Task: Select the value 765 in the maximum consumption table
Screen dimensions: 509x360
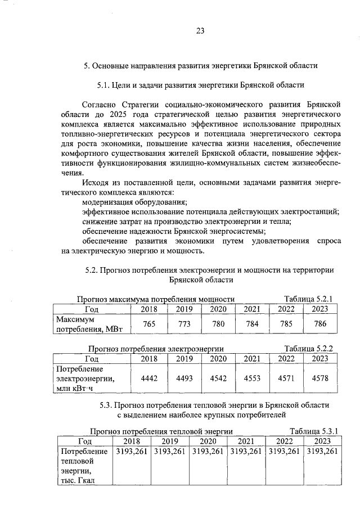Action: [x=149, y=324]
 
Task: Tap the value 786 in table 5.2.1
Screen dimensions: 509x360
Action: [x=320, y=324]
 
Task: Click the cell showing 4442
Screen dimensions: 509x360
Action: [x=149, y=379]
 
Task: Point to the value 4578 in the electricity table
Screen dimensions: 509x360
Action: [x=320, y=379]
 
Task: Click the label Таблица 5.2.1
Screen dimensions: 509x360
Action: [x=309, y=299]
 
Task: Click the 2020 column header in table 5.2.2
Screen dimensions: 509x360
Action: [x=218, y=358]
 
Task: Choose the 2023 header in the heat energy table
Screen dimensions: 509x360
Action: [x=322, y=441]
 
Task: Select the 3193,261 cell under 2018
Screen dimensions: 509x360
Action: [x=131, y=451]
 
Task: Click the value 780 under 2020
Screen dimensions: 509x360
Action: [x=218, y=324]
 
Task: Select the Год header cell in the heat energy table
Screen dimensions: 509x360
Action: [x=84, y=441]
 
